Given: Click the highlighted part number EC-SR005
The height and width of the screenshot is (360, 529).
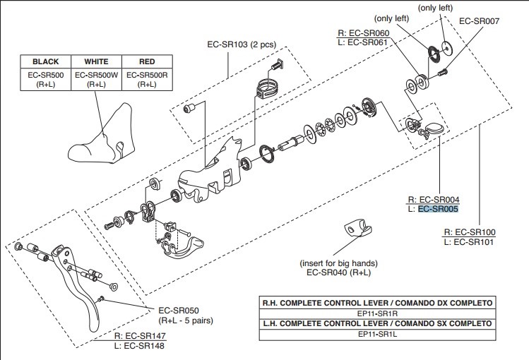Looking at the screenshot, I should point(439,209).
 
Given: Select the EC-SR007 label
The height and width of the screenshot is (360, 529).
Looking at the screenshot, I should point(479,21).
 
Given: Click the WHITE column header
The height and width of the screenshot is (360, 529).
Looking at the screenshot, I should point(96,61).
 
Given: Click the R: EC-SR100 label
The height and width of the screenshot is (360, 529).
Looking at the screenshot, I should point(469,232).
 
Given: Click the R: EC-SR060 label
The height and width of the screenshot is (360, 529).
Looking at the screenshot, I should point(364,32).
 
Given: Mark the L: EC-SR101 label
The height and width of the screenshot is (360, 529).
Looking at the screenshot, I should point(470,242).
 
